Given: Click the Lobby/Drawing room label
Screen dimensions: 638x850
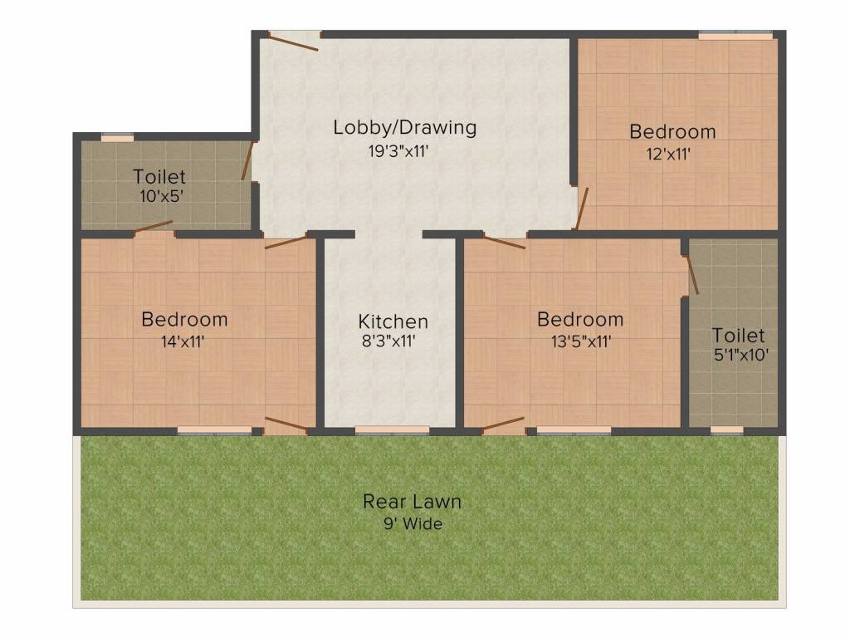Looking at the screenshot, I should pos(405,128).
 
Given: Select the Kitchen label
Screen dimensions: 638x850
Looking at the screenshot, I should pos(393,321).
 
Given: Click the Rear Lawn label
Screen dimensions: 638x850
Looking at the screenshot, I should pos(412,502).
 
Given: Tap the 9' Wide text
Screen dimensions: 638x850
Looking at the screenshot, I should pos(412,524).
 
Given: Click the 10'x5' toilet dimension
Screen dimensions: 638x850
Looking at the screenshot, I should pos(160,197).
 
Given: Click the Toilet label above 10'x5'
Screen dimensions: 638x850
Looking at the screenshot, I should pos(159,177).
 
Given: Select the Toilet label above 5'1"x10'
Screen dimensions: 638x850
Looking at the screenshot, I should pos(738,336).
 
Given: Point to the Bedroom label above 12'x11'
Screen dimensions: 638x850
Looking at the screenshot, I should pos(672,131).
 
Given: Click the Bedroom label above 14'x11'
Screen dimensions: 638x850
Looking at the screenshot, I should pos(184,319).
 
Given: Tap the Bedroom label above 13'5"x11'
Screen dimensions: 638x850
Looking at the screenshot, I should pos(580,319).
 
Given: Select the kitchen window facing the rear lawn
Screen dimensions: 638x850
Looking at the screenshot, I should pos(392,429).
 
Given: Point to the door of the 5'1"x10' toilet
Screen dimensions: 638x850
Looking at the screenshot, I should pos(691,273).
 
